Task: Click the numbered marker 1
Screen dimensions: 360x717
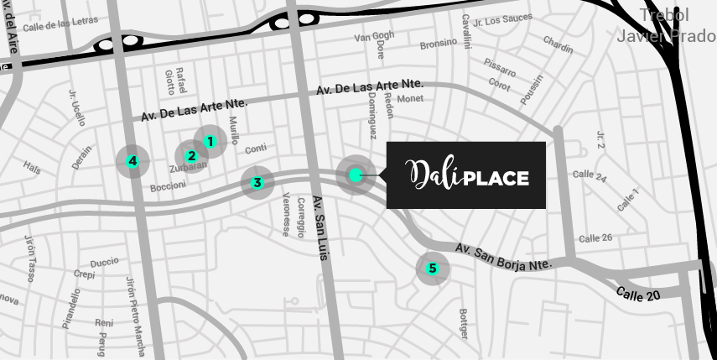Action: coord(210,142)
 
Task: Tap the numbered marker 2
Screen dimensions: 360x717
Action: coord(192,155)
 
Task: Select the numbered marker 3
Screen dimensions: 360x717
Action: coord(257,182)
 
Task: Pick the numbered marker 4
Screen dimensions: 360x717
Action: coord(132,161)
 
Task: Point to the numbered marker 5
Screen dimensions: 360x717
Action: coord(433,269)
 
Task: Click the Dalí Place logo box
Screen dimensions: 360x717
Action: coord(466,175)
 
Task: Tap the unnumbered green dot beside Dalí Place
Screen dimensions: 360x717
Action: coord(356,175)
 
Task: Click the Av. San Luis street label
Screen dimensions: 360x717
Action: coord(319,227)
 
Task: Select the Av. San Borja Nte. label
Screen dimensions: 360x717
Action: coord(503,257)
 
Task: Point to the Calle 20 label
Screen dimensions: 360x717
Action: coord(638,295)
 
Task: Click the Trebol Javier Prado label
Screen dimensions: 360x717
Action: coord(665,26)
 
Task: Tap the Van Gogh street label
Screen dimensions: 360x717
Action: coord(374,36)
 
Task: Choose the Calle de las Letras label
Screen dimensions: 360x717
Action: coord(60,23)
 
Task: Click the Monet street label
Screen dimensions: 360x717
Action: coord(410,98)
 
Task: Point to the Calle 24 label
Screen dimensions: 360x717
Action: coord(590,175)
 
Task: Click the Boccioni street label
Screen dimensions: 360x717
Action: coord(168,186)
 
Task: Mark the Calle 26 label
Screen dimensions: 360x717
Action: coord(595,238)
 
